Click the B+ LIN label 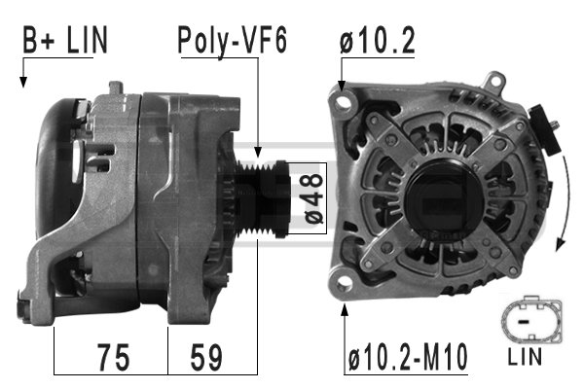(x=65, y=41)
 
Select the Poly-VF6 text (x=232, y=41)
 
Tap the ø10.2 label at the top (x=379, y=41)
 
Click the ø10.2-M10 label (x=407, y=357)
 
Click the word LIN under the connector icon (x=526, y=358)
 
